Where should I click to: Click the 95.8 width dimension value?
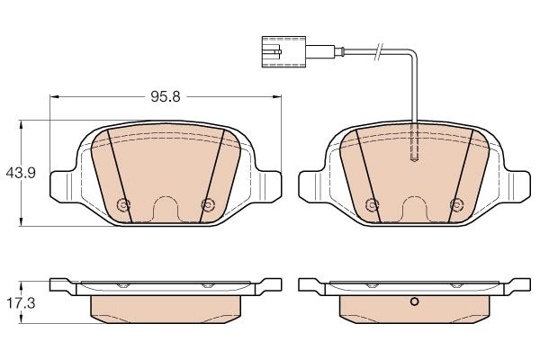[166, 97]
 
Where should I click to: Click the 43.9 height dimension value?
[21, 173]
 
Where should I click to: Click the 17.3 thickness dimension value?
[21, 303]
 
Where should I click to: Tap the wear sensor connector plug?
[283, 51]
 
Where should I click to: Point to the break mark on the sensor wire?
[379, 52]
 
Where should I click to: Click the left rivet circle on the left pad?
[123, 205]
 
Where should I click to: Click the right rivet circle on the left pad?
[208, 205]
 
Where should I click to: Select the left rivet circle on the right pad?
[372, 205]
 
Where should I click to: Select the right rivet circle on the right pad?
[456, 205]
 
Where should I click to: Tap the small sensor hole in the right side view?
[415, 302]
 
